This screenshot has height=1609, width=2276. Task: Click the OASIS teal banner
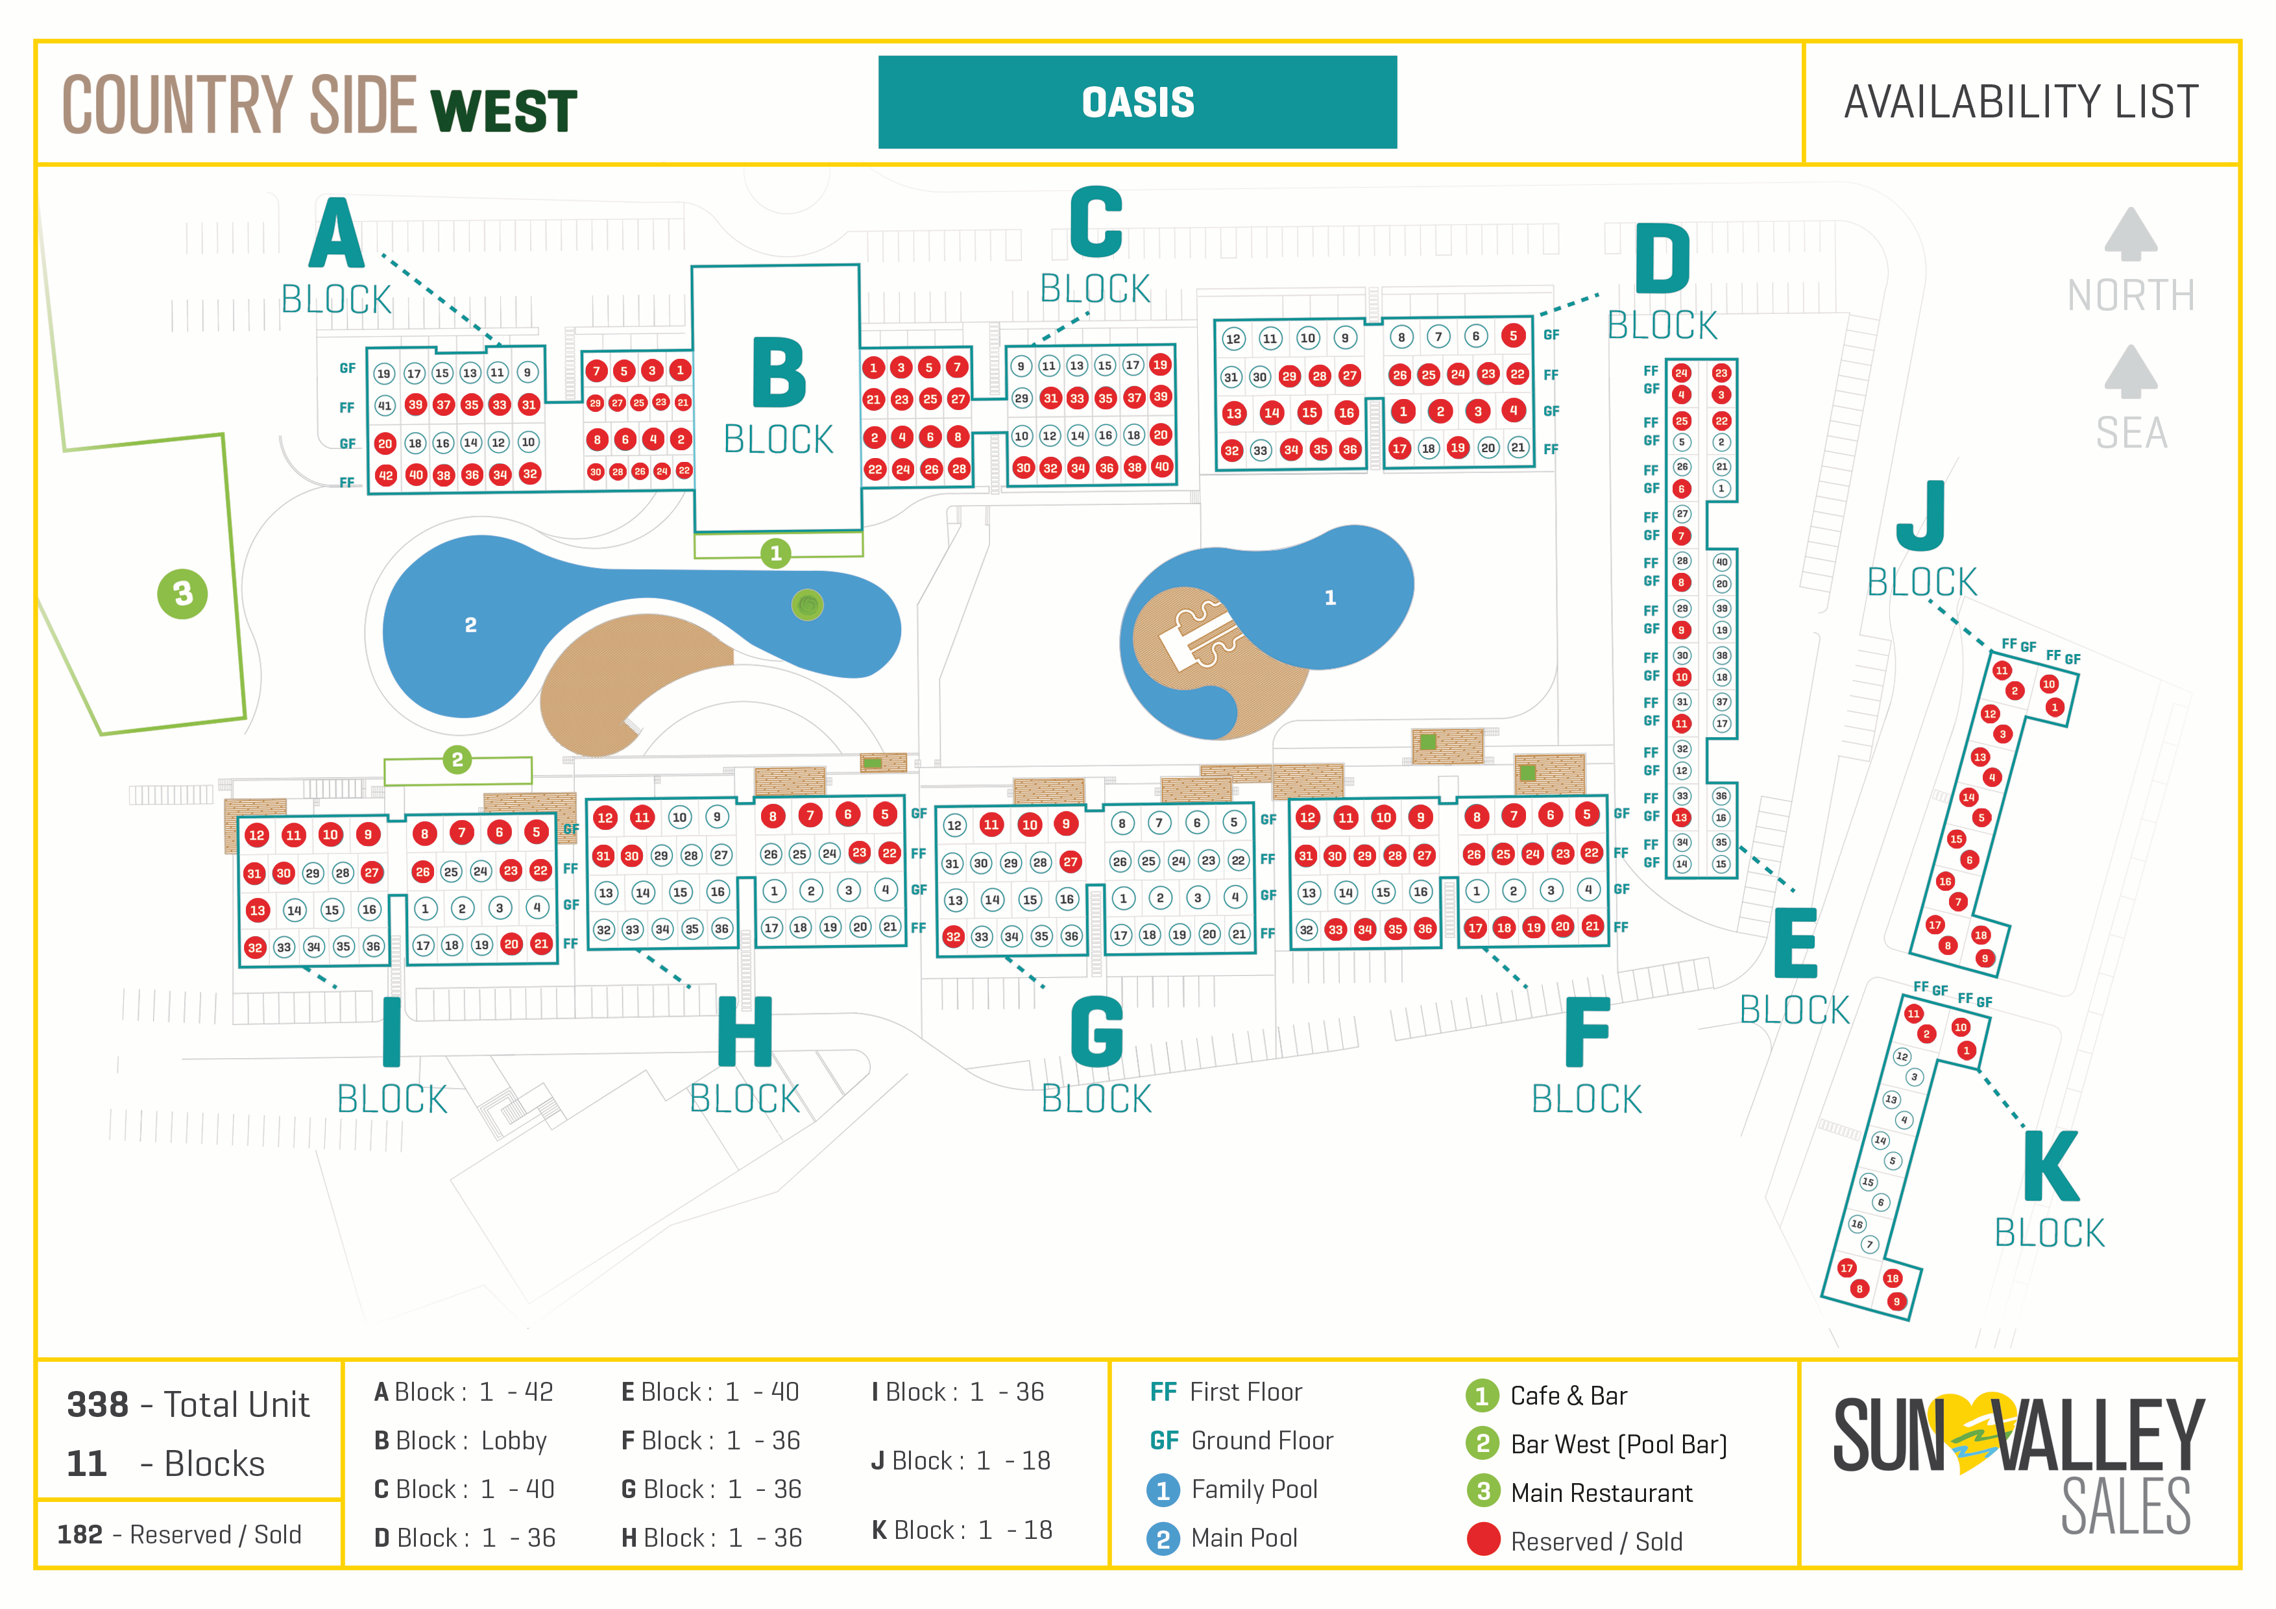1137,102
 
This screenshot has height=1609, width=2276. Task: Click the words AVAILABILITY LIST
2020,102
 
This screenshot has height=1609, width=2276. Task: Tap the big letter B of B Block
779,374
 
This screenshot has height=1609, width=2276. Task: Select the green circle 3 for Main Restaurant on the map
182,594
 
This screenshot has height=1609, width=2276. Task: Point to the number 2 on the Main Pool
471,625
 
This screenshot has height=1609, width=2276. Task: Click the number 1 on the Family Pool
1330,598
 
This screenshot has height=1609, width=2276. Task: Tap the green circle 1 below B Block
776,553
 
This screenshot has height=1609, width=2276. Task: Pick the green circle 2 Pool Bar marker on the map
457,760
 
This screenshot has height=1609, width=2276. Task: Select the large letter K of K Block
2050,1167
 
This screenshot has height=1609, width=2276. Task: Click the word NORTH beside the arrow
2130,295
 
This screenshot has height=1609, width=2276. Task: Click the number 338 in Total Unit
97,1405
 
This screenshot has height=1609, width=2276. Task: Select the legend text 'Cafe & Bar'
1568,1396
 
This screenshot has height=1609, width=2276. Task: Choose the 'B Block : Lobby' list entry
460,1440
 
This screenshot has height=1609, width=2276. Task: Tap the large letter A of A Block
336,234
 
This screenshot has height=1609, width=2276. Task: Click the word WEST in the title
503,111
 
